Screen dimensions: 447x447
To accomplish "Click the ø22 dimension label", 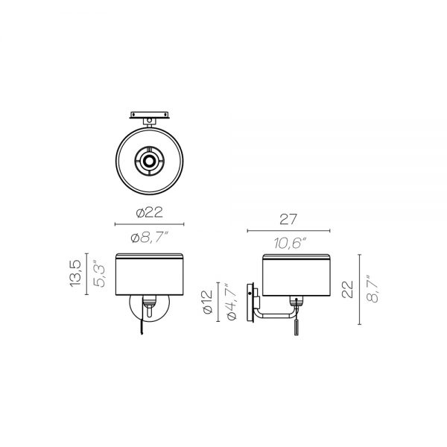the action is (150, 212).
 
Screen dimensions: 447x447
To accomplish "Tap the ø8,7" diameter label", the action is (150, 238).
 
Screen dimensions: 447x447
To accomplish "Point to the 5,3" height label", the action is (99, 274).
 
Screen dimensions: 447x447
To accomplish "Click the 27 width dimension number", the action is (288, 219).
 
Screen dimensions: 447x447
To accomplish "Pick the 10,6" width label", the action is (290, 243).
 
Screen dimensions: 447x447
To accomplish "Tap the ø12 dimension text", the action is (208, 302).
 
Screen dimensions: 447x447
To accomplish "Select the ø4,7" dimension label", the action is (231, 302).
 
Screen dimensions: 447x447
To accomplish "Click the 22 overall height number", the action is (347, 289).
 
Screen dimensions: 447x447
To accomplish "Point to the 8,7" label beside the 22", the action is (372, 289).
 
